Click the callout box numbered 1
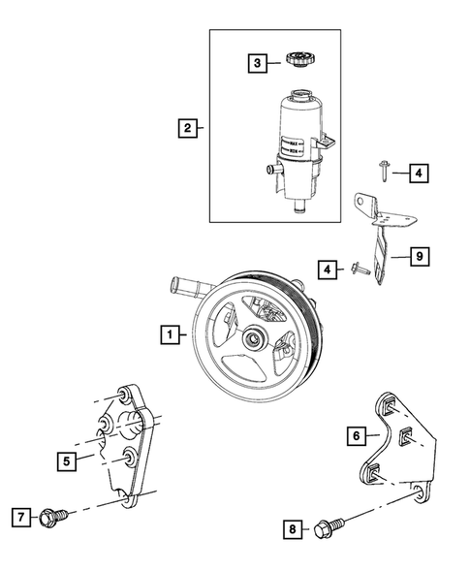tap(169, 335)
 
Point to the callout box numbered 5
tap(65, 461)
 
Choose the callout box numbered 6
tap(358, 436)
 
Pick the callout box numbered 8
tap(291, 528)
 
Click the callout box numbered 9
tap(419, 257)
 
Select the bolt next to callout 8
tap(324, 529)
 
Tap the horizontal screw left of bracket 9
tap(360, 269)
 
